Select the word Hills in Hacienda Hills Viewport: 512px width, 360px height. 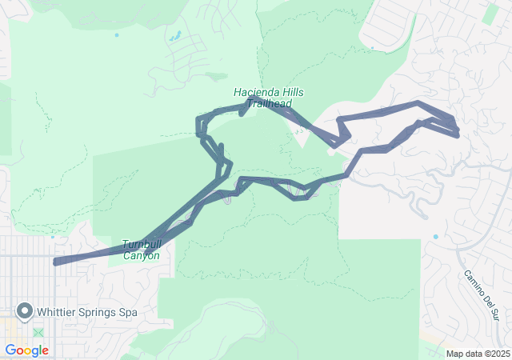289,92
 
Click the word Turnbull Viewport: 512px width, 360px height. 140,244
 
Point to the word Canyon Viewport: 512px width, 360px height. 142,256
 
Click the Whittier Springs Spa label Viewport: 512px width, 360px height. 86,312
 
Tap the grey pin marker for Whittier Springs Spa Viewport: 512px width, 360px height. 24,311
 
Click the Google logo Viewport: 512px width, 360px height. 26,350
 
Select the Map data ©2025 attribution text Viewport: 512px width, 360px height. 477,354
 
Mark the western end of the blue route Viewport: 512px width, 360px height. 54,262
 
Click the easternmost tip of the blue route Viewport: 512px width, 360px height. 458,133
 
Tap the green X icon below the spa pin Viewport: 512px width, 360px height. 38,332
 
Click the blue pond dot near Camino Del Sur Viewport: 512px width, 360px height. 435,237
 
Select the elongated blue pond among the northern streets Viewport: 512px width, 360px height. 174,36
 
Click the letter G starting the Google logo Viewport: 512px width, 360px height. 10,350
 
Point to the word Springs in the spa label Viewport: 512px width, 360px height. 100,312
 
